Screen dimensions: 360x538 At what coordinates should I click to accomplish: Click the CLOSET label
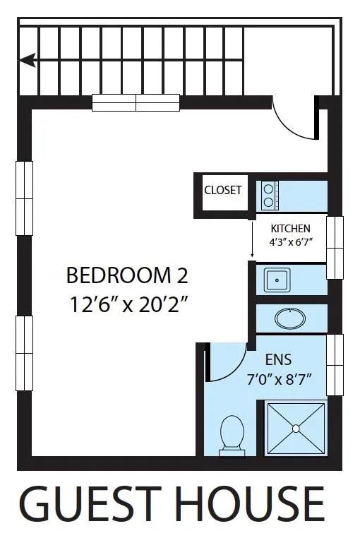point(223,190)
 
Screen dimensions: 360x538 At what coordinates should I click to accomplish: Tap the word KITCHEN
point(290,229)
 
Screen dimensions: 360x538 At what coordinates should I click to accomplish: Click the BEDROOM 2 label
point(127,275)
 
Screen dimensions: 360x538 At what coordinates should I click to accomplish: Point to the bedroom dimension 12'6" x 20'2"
point(129,304)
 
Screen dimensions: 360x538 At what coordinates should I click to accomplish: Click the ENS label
point(278,359)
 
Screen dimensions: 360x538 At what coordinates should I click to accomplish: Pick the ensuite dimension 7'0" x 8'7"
point(279,380)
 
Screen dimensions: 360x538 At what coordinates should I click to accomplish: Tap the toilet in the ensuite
point(232,436)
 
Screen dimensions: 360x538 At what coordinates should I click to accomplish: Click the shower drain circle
point(296,429)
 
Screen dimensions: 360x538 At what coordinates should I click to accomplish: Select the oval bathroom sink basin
point(290,318)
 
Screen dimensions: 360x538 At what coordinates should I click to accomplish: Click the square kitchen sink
point(277,280)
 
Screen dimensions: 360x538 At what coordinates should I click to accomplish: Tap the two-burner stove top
point(270,196)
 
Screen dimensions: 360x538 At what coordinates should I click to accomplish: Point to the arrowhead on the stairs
point(28,61)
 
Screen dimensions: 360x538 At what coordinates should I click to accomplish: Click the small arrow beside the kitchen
point(252,239)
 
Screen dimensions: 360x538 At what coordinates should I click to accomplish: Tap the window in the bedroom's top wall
point(136,103)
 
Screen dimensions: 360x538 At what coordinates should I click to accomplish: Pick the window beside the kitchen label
point(335,247)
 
